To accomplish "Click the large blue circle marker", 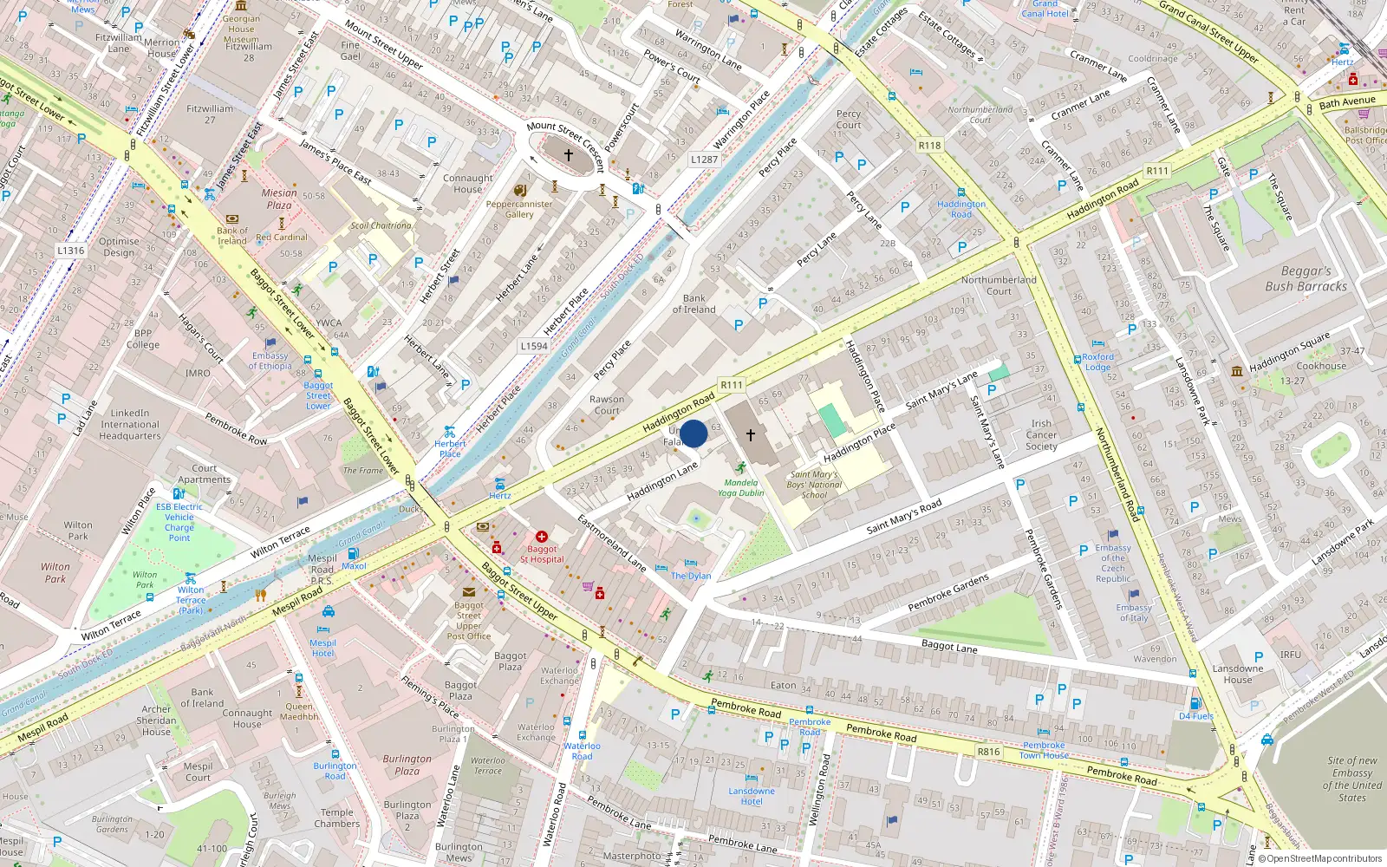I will click(693, 433).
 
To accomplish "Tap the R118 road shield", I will click(929, 146).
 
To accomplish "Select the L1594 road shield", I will click(534, 346).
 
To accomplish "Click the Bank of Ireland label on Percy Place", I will click(693, 303).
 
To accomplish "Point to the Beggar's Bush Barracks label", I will click(1306, 278).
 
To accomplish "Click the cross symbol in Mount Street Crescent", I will click(569, 155).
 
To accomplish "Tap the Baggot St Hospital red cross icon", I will click(542, 537).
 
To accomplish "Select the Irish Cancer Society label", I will click(1041, 435).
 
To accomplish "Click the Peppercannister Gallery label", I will click(519, 209).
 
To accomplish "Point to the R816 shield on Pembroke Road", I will click(988, 752).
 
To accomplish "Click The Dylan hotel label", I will click(691, 576).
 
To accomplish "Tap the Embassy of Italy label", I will click(1134, 613).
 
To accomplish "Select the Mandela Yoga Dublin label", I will click(740, 487).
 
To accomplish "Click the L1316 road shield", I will click(71, 251).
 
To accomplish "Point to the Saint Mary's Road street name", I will click(903, 518).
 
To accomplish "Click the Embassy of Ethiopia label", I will click(270, 361).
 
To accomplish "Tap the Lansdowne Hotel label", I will click(752, 796).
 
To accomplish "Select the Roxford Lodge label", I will click(1097, 362).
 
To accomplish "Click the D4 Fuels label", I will click(1195, 716).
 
